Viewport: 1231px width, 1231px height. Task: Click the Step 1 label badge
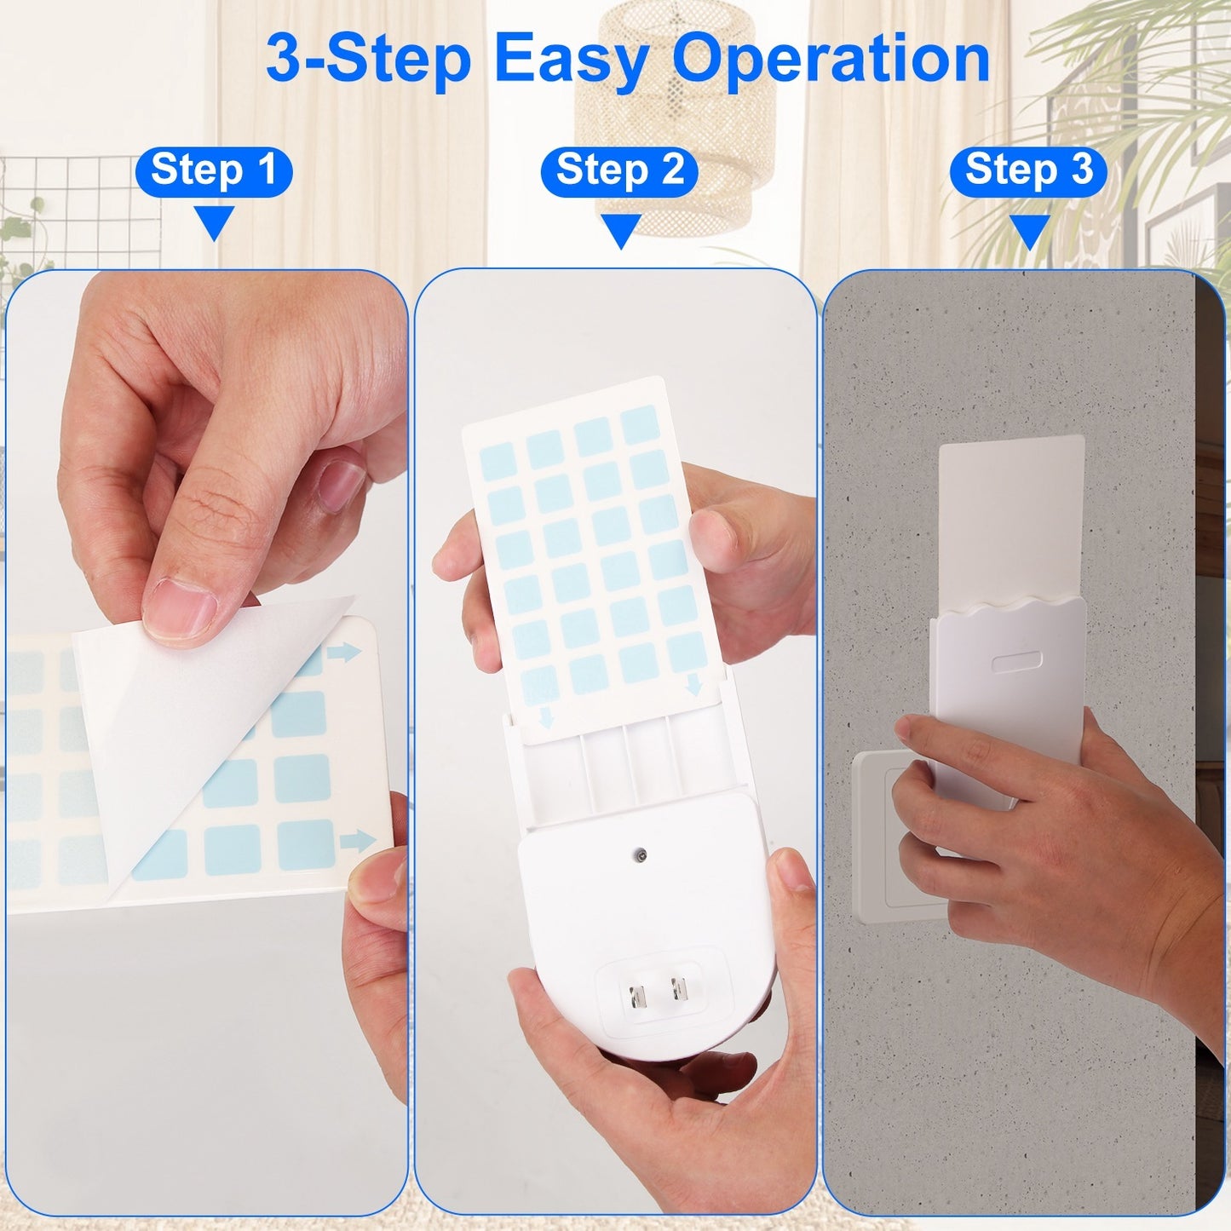[x=213, y=171]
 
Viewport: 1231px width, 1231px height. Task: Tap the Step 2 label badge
[x=619, y=171]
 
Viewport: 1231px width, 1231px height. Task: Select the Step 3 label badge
[x=1028, y=171]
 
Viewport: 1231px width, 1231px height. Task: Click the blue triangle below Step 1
[x=214, y=222]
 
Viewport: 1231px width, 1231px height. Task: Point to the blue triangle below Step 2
[x=620, y=230]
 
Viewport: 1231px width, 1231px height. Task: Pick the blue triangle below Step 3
[x=1029, y=231]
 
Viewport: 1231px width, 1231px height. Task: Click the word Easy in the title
[x=572, y=60]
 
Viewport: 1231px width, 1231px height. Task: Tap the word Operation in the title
[x=831, y=60]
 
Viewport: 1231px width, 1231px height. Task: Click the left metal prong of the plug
[x=636, y=995]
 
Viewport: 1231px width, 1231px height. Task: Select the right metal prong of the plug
[x=679, y=989]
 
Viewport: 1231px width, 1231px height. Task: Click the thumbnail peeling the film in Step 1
[x=181, y=608]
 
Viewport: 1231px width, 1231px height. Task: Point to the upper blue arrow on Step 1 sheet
[x=343, y=653]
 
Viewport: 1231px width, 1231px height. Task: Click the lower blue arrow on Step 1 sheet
[x=357, y=841]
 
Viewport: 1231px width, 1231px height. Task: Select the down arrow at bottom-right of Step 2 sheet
[x=694, y=684]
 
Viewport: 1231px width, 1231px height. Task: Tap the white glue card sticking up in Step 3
[x=1011, y=511]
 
